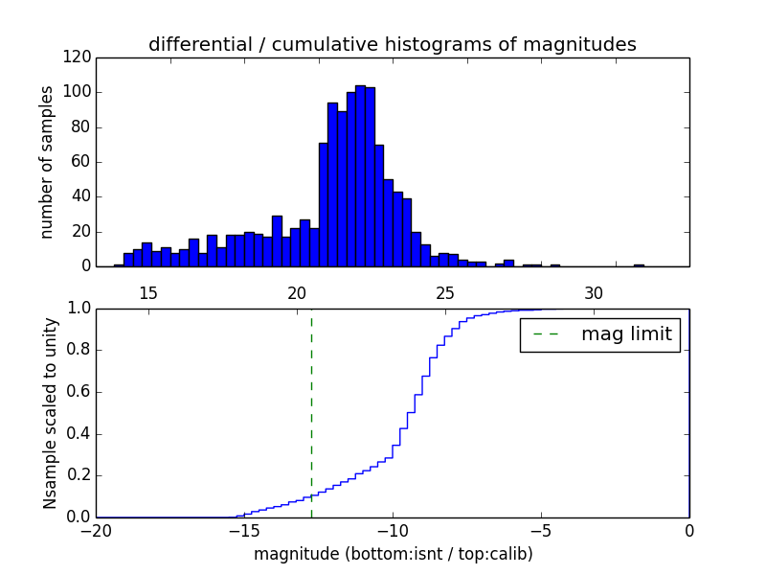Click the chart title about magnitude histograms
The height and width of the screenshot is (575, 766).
(x=392, y=44)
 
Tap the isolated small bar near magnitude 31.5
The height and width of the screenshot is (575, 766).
(x=639, y=264)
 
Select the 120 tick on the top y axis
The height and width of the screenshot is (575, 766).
(x=79, y=57)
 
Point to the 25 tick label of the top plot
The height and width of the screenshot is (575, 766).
(x=445, y=292)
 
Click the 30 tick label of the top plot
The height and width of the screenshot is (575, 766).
(x=594, y=292)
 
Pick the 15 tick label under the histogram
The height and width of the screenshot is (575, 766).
(x=148, y=292)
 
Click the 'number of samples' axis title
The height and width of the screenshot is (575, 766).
(x=46, y=162)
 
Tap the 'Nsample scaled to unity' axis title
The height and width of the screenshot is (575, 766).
(x=50, y=413)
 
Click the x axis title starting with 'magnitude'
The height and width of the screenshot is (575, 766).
(x=393, y=554)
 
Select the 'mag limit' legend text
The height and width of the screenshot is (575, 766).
(x=626, y=334)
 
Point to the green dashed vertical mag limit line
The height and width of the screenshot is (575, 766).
(x=311, y=412)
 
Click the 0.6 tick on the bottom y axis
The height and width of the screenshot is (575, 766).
(x=79, y=392)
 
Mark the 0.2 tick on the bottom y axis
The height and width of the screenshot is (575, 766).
(x=79, y=475)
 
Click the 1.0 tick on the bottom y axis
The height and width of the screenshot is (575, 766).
(x=79, y=309)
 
